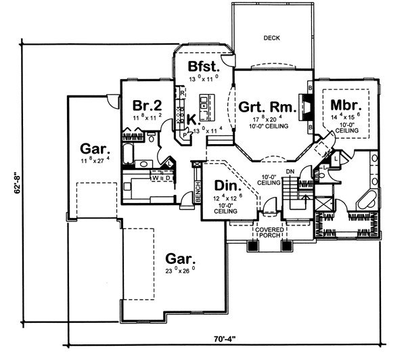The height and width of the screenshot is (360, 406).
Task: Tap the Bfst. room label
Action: (203, 66)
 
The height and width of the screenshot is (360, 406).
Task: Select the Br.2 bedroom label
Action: (145, 106)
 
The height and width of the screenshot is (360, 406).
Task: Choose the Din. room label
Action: (225, 185)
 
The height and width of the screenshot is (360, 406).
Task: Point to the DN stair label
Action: (290, 171)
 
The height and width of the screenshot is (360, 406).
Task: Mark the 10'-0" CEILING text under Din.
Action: (225, 208)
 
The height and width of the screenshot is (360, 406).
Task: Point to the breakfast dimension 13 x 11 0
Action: (203, 78)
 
